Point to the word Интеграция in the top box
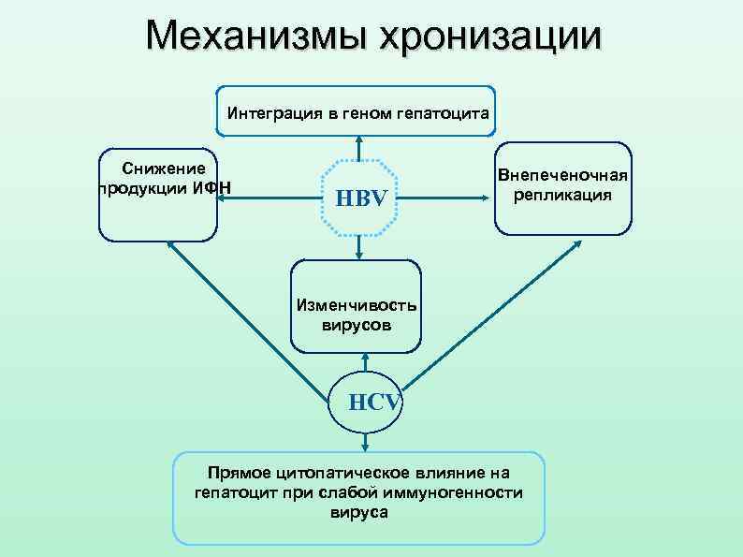click(272, 113)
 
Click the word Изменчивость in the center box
click(357, 306)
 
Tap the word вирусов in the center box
click(357, 325)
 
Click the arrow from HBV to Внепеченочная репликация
click(453, 198)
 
